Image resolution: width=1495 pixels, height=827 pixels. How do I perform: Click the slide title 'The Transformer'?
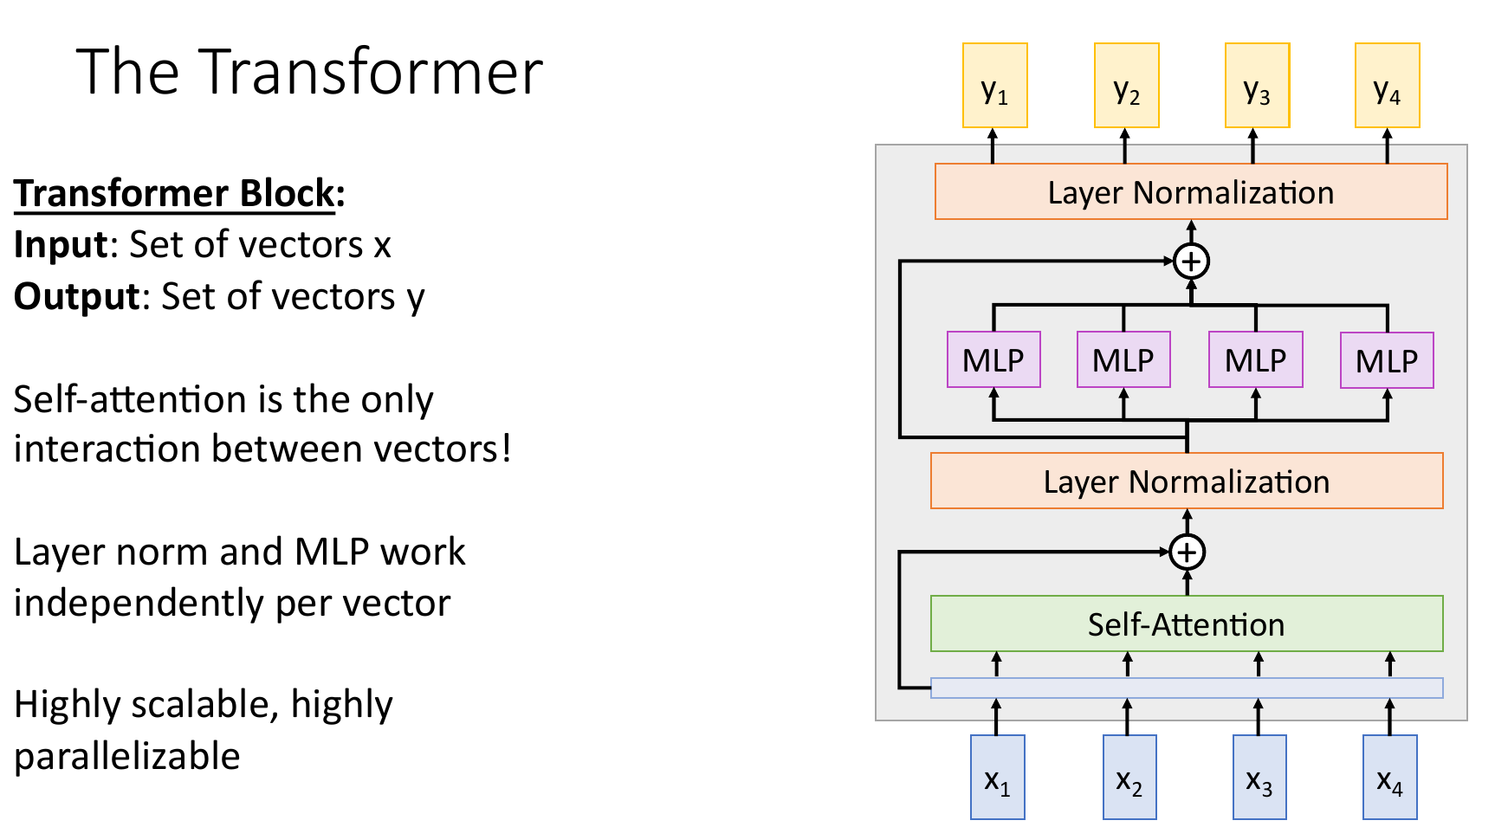tap(309, 72)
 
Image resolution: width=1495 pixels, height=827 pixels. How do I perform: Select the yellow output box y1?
tap(995, 86)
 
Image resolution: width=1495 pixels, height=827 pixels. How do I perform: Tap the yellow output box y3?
tap(1257, 86)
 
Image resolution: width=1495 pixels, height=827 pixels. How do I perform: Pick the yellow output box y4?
tap(1387, 86)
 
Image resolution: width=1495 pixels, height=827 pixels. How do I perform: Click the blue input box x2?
tap(1129, 777)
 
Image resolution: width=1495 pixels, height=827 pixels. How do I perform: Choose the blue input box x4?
tap(1389, 777)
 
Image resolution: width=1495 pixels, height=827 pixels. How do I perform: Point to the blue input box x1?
tap(997, 777)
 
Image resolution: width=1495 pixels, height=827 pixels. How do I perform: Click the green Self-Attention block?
tap(1186, 623)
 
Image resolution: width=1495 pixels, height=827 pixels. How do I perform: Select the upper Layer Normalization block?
tap(1190, 191)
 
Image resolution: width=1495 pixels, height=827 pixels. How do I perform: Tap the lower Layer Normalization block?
tap(1186, 481)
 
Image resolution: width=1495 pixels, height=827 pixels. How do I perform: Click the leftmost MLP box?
tap(993, 359)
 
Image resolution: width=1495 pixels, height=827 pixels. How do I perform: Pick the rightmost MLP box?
tap(1386, 360)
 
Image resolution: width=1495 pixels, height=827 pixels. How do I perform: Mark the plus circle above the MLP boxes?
tap(1191, 261)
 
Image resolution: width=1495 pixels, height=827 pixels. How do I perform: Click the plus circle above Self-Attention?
tap(1187, 552)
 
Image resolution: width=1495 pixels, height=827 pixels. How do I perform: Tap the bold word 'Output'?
tap(77, 296)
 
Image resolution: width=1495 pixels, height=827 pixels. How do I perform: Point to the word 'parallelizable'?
tap(127, 756)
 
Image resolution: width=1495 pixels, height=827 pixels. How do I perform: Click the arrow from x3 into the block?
tap(1259, 717)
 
